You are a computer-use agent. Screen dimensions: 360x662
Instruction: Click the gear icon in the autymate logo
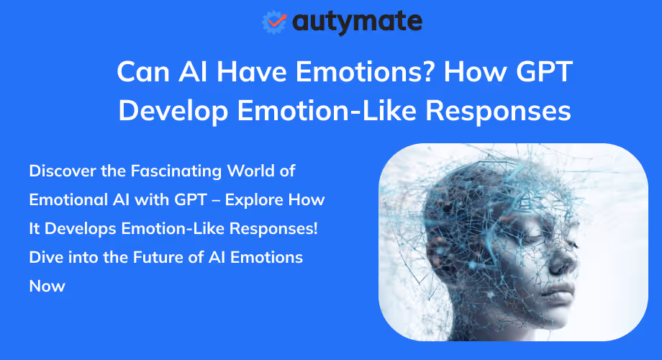coord(275,22)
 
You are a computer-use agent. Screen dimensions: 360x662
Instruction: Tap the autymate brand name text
coord(357,22)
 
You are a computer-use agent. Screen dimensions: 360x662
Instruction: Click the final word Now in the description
coord(47,286)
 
